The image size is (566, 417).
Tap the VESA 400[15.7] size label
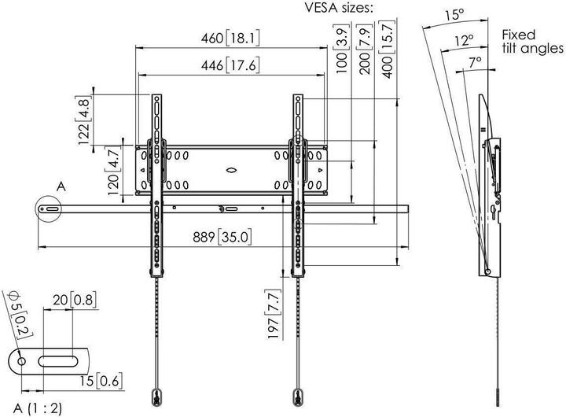coord(389,49)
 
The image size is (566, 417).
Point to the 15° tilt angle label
coord(453,14)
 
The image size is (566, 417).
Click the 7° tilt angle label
coord(474,61)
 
